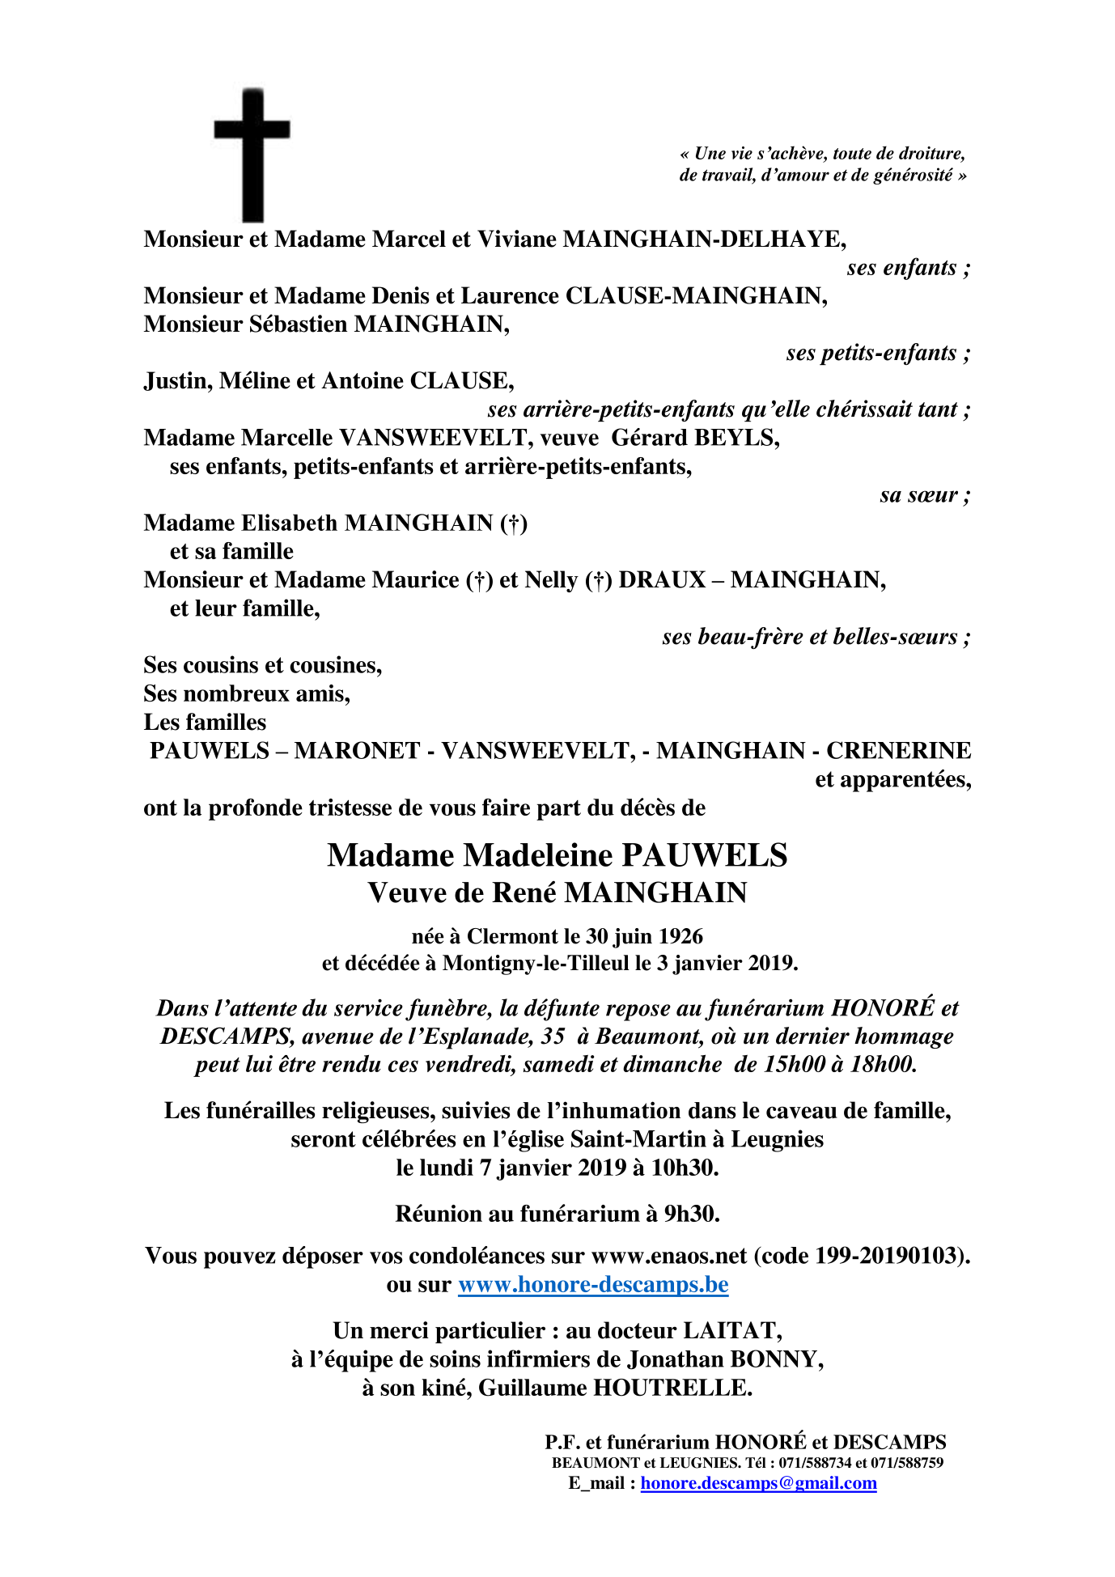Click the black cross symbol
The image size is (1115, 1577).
pos(252,154)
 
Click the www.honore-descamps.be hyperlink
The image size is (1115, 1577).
pos(593,1285)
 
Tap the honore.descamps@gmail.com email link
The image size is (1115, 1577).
pos(758,1483)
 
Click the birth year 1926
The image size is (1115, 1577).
pos(680,936)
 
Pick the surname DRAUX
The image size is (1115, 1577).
pos(662,580)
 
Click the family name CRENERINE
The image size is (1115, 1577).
pos(898,751)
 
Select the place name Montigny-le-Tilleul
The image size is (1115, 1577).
pos(536,964)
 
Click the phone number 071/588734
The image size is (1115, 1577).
pos(815,1463)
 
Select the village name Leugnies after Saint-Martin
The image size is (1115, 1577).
pos(777,1139)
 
